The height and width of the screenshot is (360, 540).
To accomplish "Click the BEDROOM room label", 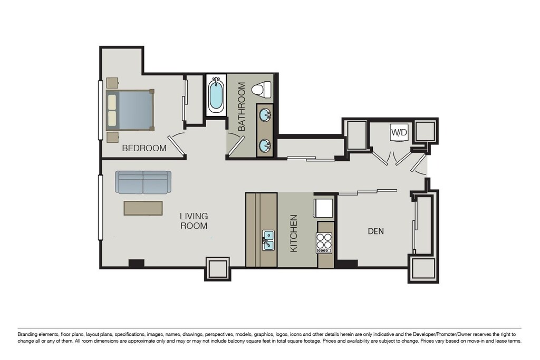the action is point(144,148).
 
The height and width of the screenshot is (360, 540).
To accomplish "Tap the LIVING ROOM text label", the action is point(194,221).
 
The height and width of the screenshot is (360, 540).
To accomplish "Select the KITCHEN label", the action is point(294,233).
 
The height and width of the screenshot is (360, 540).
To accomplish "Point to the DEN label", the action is point(375,231).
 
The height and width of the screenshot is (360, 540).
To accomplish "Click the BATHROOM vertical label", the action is point(242,106).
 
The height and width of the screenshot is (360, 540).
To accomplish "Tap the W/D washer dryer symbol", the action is point(399,132).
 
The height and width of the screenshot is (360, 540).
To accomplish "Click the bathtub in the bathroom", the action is point(216,94).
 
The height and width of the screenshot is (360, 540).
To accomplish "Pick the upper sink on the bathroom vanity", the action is point(265,114).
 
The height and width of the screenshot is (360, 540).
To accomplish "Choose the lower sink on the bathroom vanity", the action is point(265,145).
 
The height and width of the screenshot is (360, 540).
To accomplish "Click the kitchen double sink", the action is point(268,240).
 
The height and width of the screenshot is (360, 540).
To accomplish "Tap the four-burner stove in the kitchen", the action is point(324,243).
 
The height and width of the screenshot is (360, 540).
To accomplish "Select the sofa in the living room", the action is point(143,182).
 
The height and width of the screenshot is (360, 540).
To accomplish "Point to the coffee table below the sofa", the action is point(143,209).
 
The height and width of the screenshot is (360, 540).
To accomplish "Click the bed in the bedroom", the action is point(130,110).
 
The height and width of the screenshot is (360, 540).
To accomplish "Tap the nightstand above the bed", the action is point(113,83).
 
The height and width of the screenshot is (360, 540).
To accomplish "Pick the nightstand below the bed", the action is point(113,137).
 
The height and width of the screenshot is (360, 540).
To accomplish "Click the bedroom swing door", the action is point(177,143).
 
